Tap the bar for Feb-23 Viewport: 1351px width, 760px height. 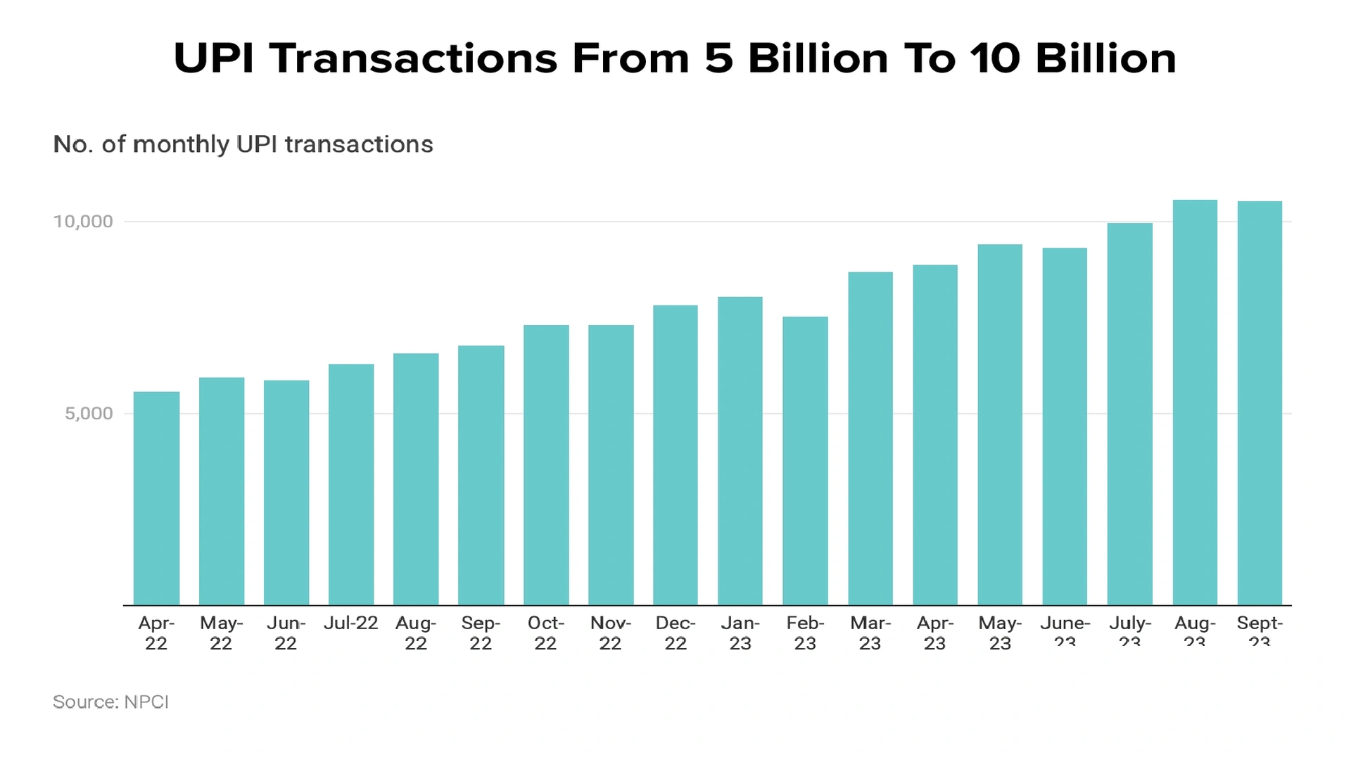(x=805, y=461)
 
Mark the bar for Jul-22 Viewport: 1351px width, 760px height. (x=351, y=485)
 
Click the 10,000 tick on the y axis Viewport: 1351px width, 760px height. (x=83, y=222)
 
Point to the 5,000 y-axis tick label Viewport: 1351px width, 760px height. (x=89, y=414)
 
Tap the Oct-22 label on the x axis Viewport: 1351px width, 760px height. (x=545, y=633)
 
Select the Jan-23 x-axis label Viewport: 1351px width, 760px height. (x=740, y=633)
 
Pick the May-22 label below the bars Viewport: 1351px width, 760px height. (x=221, y=633)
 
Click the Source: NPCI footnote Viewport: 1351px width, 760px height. (x=110, y=702)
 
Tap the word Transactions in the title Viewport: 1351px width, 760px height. (x=413, y=58)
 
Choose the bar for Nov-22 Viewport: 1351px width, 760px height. (x=611, y=465)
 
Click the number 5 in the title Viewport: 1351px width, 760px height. (x=718, y=58)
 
